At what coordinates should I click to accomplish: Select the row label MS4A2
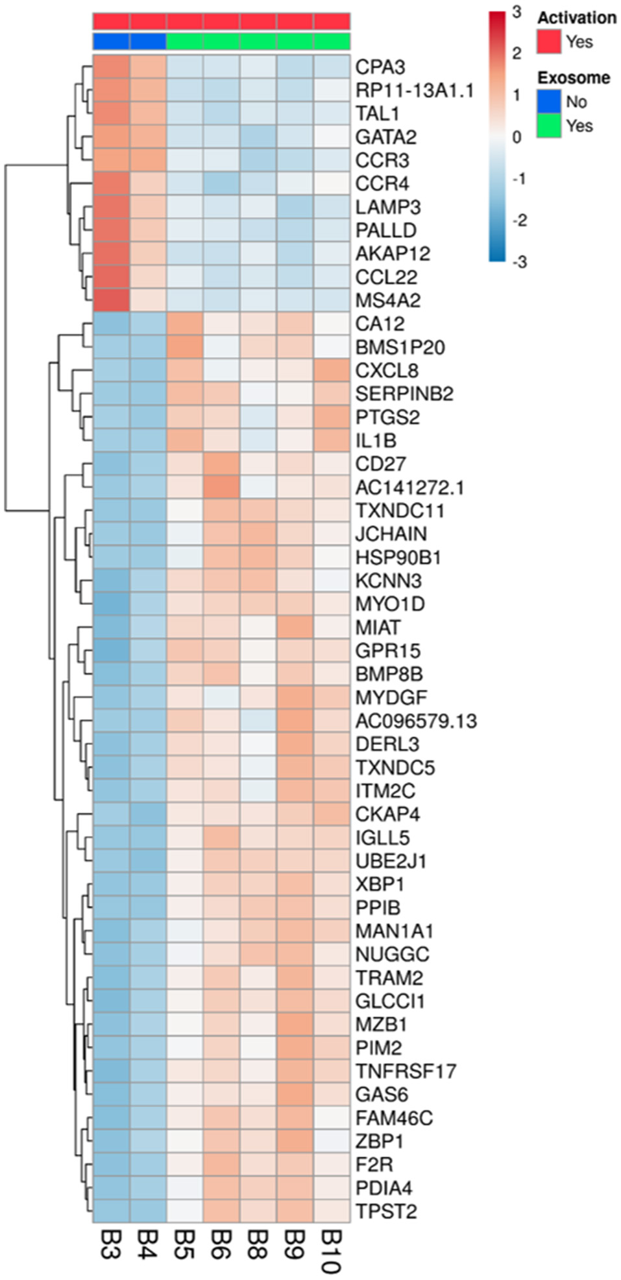tap(387, 300)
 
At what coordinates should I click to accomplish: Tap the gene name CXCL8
tap(387, 370)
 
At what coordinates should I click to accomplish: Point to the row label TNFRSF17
tap(406, 1071)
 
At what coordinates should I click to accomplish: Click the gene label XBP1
tap(380, 884)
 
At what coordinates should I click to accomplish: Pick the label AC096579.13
tap(416, 720)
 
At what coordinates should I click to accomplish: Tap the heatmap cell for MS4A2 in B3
tap(111, 300)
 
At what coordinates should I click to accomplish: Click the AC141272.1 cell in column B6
tap(221, 487)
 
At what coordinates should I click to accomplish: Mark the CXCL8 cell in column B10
tap(332, 370)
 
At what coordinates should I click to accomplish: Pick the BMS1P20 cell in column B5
tap(185, 347)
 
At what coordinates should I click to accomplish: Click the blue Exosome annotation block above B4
tap(148, 41)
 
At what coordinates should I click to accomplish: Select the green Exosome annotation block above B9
tap(295, 41)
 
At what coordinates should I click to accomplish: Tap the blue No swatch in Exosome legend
tap(548, 101)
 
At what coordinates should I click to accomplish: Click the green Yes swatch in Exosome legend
tap(548, 125)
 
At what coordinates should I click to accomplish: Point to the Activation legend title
tap(576, 18)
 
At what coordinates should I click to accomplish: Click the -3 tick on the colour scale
tap(519, 262)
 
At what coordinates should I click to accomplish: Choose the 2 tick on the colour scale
tap(517, 53)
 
